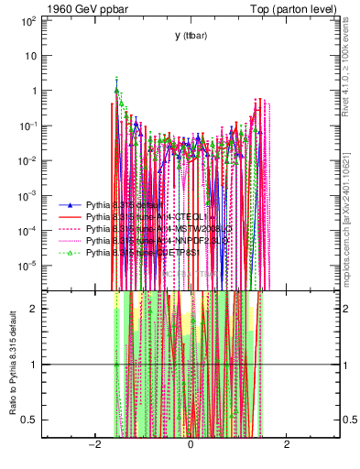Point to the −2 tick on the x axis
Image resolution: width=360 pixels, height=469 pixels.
93,444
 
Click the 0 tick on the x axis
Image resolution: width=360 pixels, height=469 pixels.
191,444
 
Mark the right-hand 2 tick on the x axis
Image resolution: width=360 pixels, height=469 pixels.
287,444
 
